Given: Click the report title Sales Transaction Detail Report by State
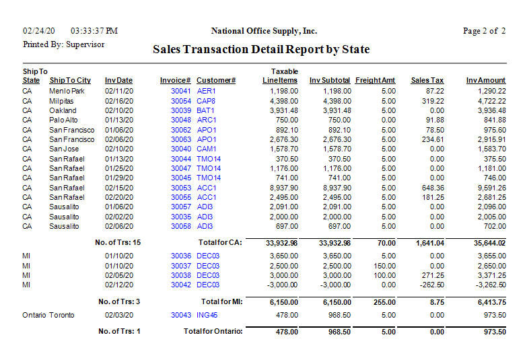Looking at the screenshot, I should click(261, 50).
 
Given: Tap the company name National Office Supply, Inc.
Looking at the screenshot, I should click(264, 31).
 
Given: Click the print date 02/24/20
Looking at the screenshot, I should click(38, 31).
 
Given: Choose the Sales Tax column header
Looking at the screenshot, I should click(427, 81).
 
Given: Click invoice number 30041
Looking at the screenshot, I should click(181, 91).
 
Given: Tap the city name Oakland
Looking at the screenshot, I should click(63, 110).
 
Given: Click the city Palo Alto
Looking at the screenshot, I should click(63, 120).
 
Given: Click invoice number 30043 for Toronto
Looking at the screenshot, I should click(181, 315).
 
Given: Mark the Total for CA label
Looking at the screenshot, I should click(221, 242).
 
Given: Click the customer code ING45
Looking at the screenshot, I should click(208, 315).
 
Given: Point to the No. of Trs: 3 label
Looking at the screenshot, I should click(119, 301).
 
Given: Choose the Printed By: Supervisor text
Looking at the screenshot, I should click(63, 44).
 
